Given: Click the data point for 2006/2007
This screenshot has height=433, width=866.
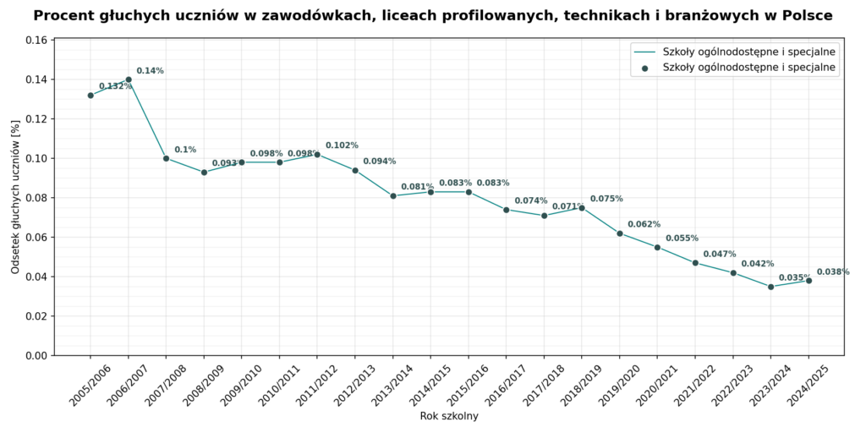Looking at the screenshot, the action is click(129, 79).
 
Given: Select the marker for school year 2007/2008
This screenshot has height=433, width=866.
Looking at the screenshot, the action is click(167, 158).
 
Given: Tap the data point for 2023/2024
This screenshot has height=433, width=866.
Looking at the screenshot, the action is click(771, 287).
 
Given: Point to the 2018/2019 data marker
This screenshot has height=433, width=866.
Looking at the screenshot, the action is click(582, 208).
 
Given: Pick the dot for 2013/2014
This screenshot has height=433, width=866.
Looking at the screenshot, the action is click(393, 196).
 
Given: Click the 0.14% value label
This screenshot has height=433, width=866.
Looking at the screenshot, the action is click(151, 71).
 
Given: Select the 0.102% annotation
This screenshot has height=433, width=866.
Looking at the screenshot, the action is click(342, 145).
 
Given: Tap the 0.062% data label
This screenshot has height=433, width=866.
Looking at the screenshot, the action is click(644, 224).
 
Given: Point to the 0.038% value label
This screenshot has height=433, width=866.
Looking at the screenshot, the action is click(833, 271).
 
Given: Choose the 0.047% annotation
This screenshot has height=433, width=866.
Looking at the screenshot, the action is click(720, 254).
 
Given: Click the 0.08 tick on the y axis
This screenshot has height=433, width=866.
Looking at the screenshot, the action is click(38, 198).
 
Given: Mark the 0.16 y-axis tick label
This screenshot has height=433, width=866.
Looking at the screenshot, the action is click(38, 41).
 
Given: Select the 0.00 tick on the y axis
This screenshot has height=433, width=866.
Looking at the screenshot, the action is click(38, 356).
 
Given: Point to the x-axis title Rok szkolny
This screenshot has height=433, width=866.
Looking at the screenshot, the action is click(449, 416).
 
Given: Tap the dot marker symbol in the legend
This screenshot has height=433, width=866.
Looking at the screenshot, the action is click(645, 69).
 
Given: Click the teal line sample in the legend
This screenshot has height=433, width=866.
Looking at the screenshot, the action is click(645, 52).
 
